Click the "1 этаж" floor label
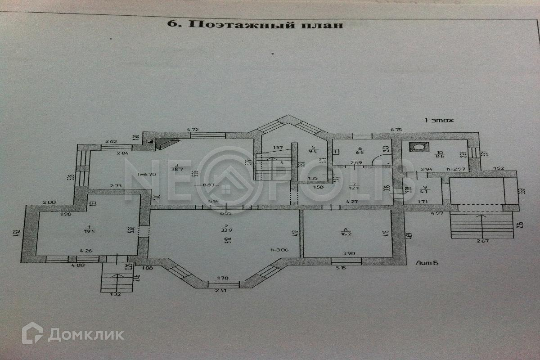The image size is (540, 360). point(439,120)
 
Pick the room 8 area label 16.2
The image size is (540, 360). point(346,233)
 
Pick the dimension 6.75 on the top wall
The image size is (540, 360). point(396,129)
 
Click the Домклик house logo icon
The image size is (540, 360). point(32,333)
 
